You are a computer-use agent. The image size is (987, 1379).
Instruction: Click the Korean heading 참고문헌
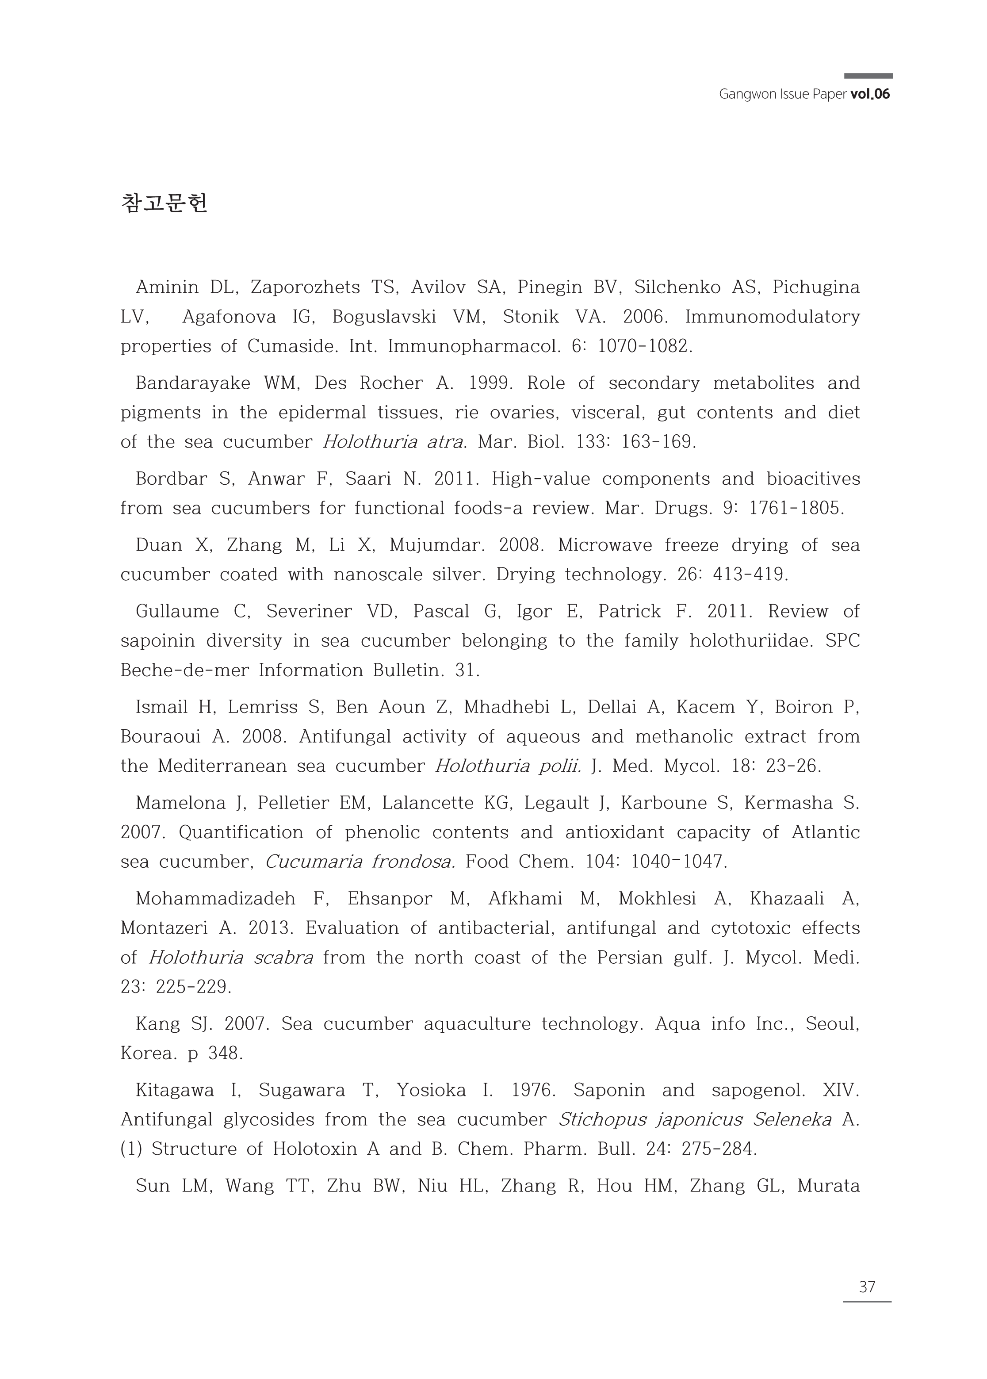tap(164, 203)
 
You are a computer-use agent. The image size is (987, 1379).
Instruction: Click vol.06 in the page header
tap(870, 94)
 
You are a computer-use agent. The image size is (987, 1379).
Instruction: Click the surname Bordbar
tap(172, 479)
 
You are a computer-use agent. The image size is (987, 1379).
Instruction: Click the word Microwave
tap(605, 545)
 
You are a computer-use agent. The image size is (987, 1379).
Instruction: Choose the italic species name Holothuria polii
tap(508, 766)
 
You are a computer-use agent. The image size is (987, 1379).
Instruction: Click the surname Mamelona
tap(180, 803)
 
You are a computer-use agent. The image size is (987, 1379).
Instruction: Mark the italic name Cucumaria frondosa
tap(360, 862)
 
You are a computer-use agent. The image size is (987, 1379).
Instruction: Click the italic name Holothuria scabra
tap(231, 958)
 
